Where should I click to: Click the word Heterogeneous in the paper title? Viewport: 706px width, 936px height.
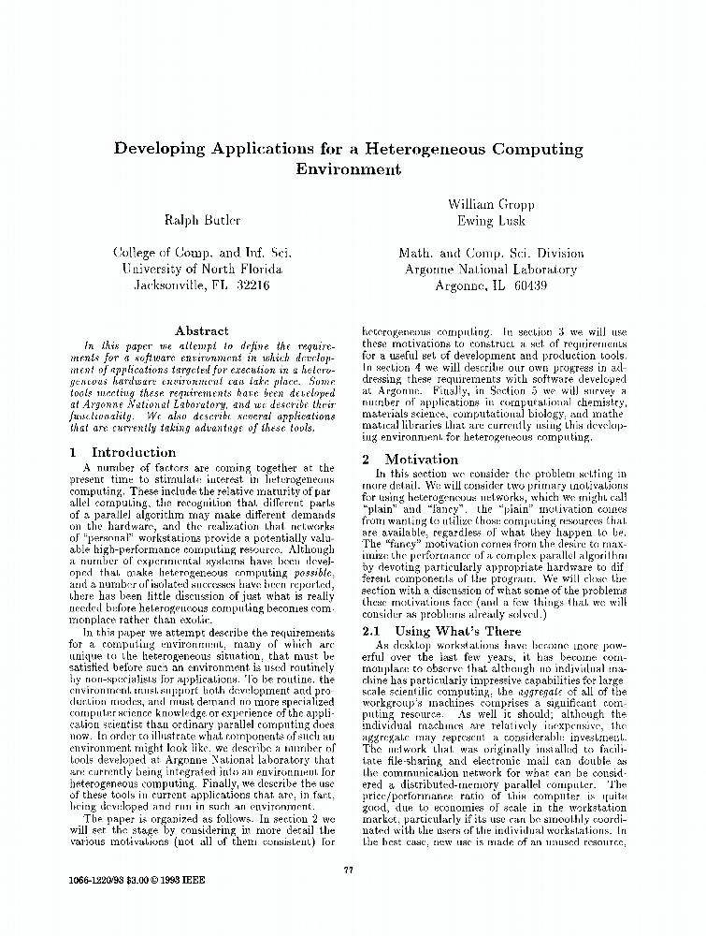[x=425, y=149]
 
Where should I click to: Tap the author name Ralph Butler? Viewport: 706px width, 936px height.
[x=202, y=220]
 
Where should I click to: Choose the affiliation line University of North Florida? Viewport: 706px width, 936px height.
[x=202, y=269]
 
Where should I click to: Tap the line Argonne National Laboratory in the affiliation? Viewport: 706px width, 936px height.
[x=490, y=269]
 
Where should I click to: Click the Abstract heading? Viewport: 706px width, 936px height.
[x=201, y=330]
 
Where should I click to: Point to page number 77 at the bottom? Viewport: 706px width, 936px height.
[x=348, y=870]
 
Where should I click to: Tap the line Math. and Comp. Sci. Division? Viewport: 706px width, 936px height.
[x=490, y=253]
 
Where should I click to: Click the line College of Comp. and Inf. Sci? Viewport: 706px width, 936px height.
[x=202, y=253]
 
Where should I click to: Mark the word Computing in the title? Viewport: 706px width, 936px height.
[x=540, y=149]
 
